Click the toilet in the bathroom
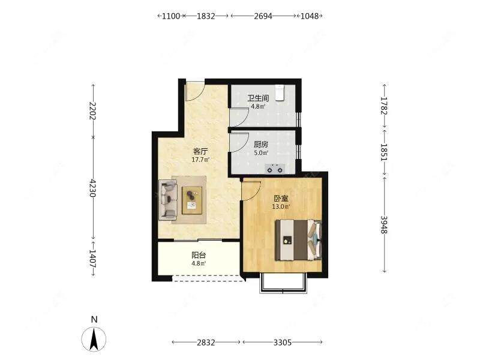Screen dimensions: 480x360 click(x=280, y=93)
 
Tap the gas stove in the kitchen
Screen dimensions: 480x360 click(x=275, y=169)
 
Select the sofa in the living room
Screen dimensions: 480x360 click(x=168, y=200)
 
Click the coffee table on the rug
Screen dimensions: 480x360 click(x=192, y=200)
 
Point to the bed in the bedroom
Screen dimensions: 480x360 click(x=298, y=239)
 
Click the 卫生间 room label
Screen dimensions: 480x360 click(x=258, y=98)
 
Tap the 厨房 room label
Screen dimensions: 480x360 click(x=261, y=144)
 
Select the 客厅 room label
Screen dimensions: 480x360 click(x=200, y=151)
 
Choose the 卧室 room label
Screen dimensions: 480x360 click(x=281, y=199)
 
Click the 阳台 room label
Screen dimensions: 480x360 click(x=199, y=255)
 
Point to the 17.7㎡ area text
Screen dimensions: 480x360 click(x=200, y=160)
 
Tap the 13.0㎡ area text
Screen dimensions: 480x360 click(x=281, y=206)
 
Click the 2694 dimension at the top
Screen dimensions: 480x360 click(x=263, y=16)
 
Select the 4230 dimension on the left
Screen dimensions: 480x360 click(x=93, y=188)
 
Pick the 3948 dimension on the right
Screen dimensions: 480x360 click(x=384, y=224)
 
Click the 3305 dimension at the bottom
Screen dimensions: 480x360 click(x=283, y=342)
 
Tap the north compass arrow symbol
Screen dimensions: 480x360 click(x=94, y=339)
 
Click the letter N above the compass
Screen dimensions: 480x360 click(x=94, y=320)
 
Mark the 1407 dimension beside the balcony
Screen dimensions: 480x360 click(x=93, y=259)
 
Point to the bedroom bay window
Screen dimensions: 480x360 click(x=283, y=283)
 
